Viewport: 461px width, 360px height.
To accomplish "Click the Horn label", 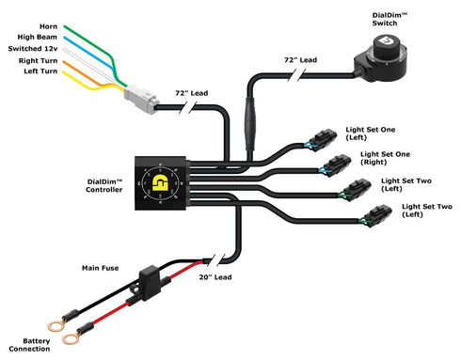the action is coord(48,26).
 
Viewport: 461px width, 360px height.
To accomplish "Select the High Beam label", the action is coord(38,37).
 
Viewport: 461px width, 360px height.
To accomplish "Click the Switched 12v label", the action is coord(33,49).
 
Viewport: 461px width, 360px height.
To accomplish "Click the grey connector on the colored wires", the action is coord(141,99).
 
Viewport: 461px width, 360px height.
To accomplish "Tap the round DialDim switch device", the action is coord(382,58).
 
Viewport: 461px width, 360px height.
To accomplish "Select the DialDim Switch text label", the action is coord(389,19).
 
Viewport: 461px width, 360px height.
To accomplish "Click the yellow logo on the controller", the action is coord(160,183).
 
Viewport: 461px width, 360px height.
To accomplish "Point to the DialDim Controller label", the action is coord(103,185).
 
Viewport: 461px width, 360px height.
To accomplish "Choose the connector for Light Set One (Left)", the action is coord(322,139).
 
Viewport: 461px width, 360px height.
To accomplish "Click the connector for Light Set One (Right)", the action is coord(336,165).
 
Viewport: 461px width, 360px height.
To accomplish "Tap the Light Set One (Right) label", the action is coord(385,158).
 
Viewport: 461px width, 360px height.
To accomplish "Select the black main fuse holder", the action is coord(150,283).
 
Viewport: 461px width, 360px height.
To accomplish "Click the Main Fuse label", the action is coord(100,268).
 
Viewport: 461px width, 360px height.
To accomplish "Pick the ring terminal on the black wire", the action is coord(56,326).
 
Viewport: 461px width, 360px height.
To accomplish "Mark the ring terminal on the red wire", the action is coord(71,338).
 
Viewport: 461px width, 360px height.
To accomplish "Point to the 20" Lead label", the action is coord(215,277).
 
